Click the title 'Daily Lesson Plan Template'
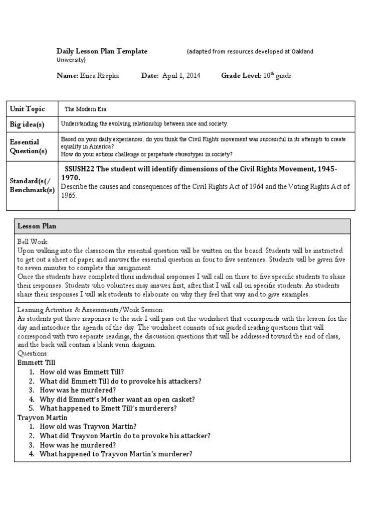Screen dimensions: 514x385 [x=102, y=51]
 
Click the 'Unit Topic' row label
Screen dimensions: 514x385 [x=28, y=109]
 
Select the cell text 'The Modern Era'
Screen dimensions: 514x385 [x=85, y=109]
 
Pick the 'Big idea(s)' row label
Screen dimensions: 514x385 [x=27, y=124]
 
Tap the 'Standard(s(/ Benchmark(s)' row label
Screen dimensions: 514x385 [x=32, y=186]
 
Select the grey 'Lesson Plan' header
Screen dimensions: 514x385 [x=37, y=226]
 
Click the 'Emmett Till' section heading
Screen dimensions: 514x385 [x=36, y=362]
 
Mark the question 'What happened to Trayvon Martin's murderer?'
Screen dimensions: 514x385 [x=116, y=454]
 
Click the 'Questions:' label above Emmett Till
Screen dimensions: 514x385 [x=33, y=353]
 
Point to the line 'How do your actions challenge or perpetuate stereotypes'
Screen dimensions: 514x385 [x=147, y=154]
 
